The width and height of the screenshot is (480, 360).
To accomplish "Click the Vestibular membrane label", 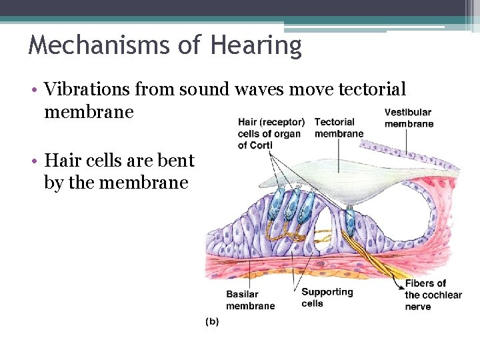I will tap(409, 118).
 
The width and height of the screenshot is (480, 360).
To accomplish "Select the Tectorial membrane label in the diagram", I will tap(339, 127).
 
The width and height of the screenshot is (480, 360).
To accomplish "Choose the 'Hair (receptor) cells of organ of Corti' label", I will tap(271, 133).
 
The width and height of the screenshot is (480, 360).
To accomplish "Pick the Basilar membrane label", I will tap(250, 300).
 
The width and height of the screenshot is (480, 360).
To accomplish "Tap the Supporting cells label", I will tap(327, 297).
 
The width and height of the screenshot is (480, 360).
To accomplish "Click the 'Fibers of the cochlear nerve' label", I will tap(433, 295).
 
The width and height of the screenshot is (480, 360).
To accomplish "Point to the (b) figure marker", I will tap(211, 321).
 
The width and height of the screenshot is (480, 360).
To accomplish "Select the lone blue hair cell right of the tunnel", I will tap(349, 217).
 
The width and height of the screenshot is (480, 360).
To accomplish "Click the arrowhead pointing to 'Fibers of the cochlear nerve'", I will tap(400, 280).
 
